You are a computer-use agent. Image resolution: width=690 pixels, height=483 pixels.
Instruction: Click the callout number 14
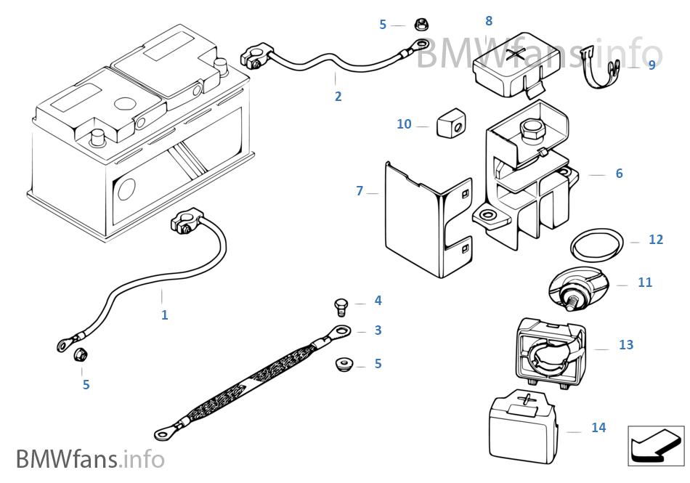(x=598, y=427)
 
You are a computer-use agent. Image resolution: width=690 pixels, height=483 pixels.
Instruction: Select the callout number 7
(x=360, y=191)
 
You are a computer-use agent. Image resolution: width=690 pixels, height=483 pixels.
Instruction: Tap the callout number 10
(x=404, y=124)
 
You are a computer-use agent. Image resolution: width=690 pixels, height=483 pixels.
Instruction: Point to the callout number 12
(x=656, y=239)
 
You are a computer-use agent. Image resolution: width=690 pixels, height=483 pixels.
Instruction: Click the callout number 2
(x=338, y=97)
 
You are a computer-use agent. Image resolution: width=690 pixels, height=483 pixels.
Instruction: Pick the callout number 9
(x=652, y=65)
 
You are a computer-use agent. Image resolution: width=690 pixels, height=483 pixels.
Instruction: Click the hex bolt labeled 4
(x=341, y=307)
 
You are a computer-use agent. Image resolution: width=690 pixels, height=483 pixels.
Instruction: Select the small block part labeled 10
(x=451, y=123)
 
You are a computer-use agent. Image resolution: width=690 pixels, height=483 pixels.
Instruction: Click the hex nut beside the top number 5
(x=421, y=24)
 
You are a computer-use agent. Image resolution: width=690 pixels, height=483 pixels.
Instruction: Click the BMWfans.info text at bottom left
(x=90, y=459)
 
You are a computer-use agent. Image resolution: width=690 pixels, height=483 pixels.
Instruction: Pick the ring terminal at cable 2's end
(x=421, y=44)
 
